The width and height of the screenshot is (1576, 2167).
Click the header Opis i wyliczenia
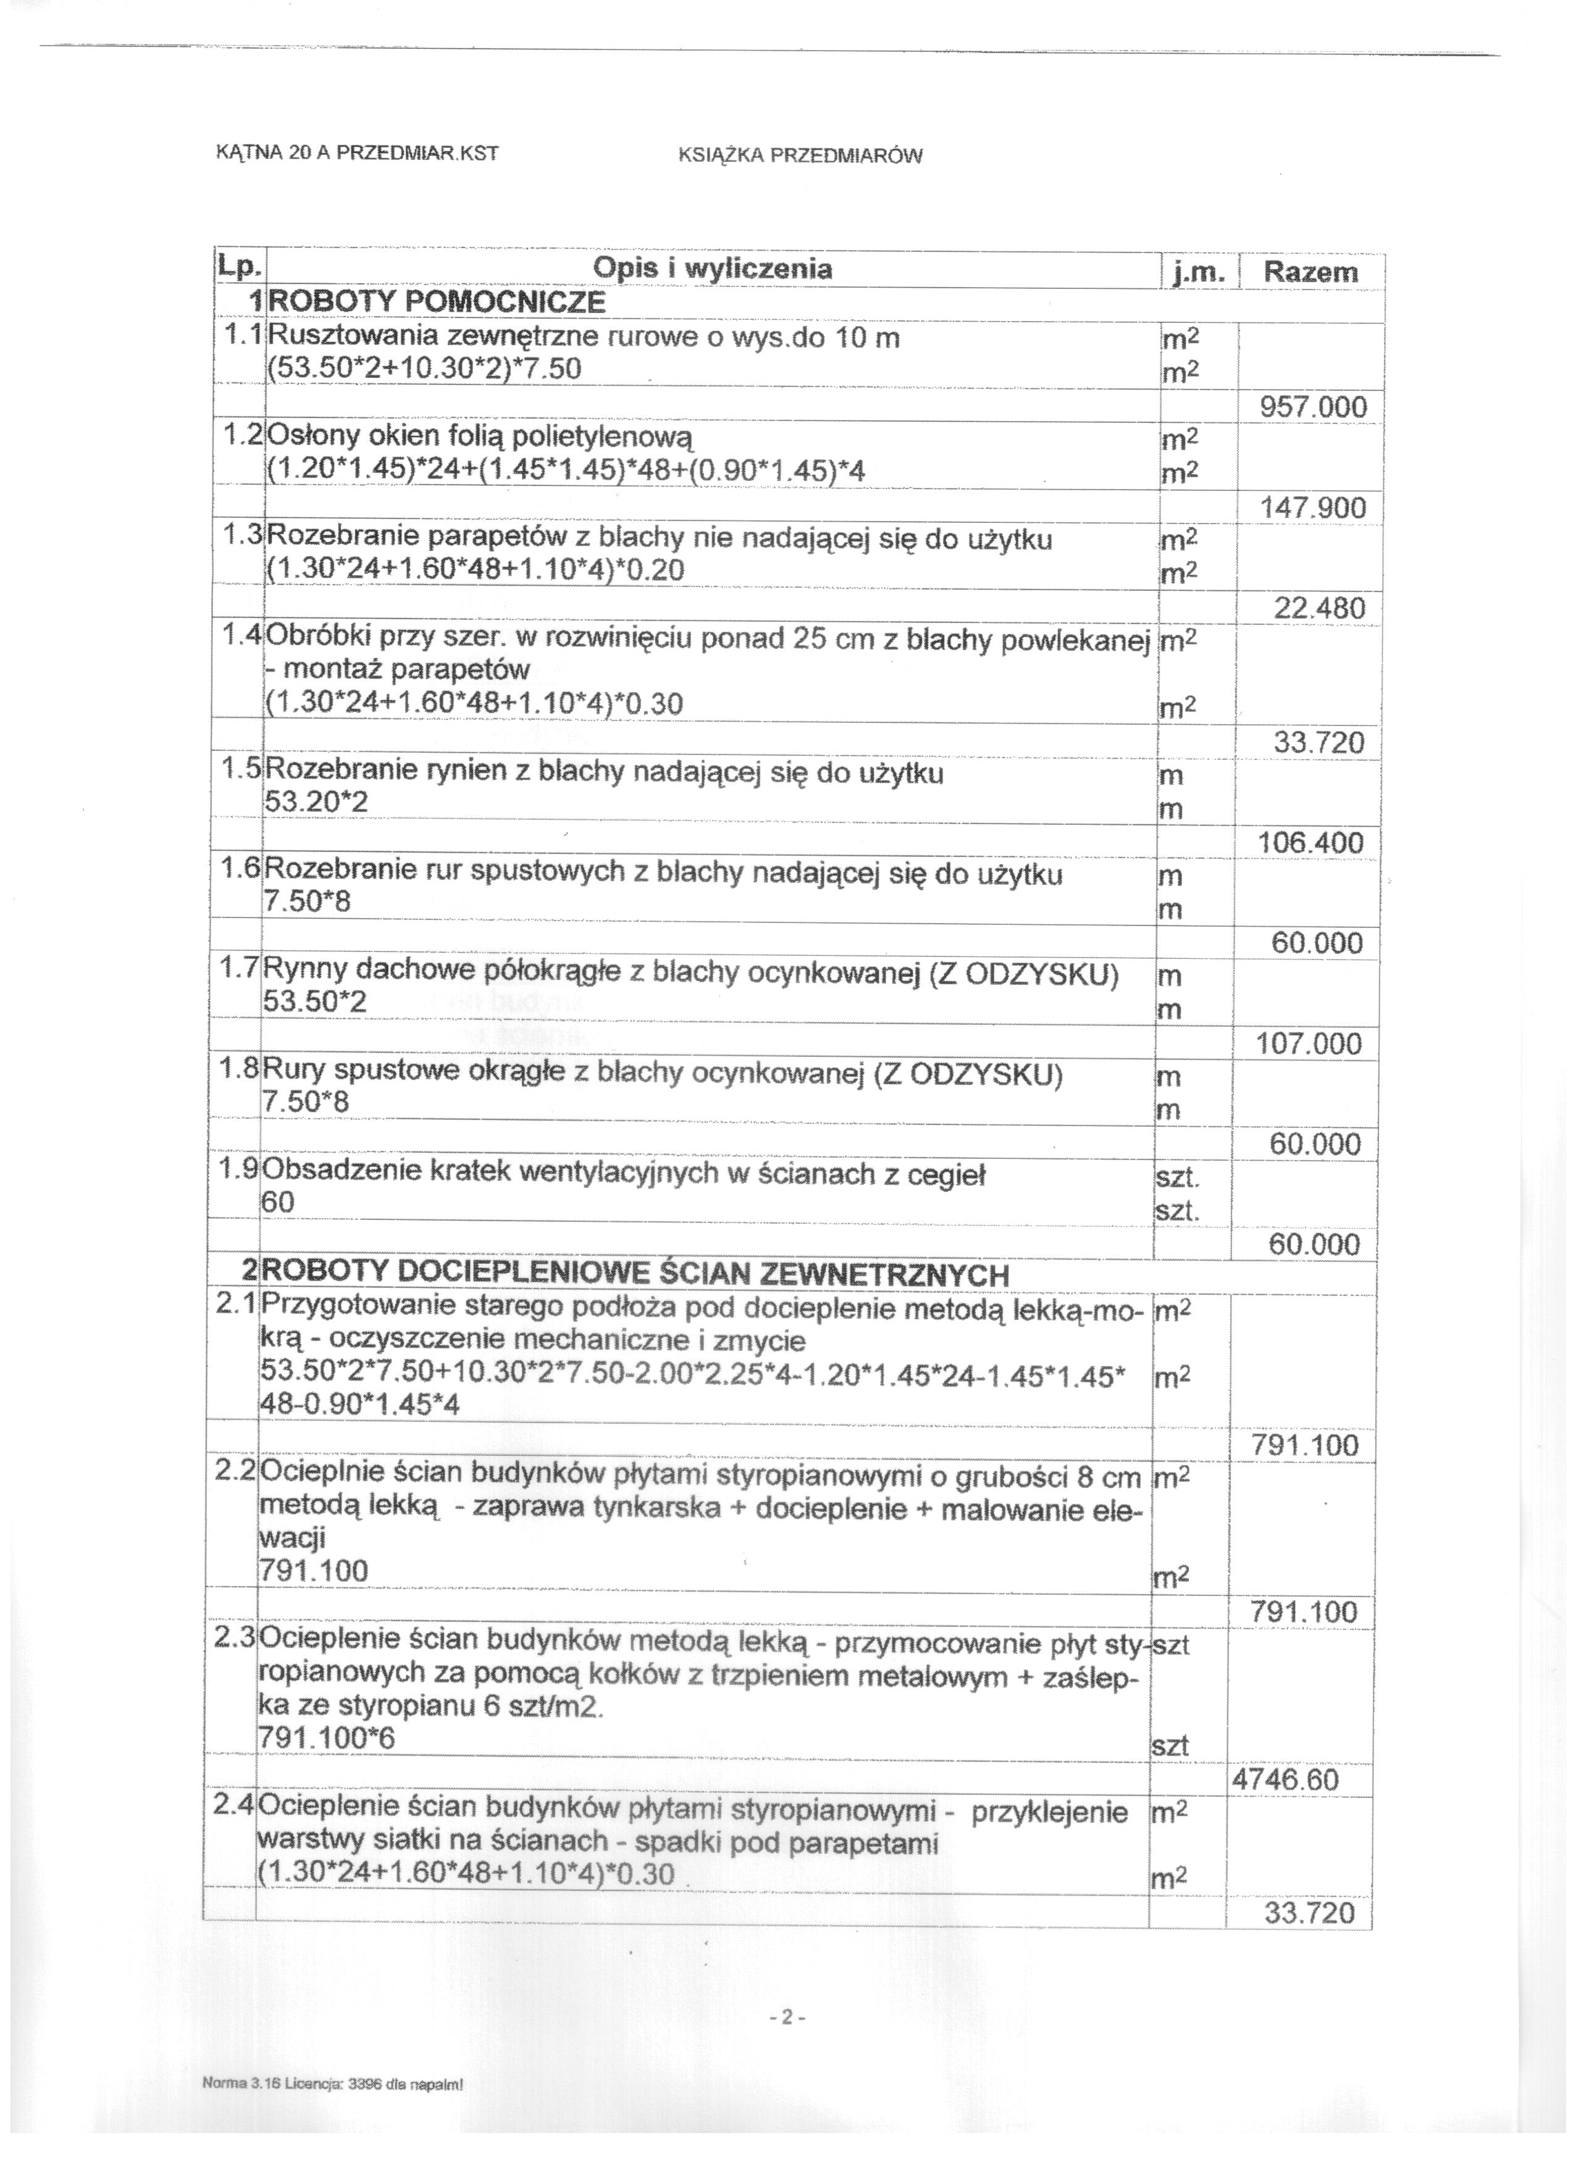pyautogui.click(x=712, y=269)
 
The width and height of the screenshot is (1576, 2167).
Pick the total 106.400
pyautogui.click(x=1310, y=843)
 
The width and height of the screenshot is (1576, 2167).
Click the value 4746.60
pyautogui.click(x=1286, y=1780)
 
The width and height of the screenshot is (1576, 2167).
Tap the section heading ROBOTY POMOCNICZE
pyautogui.click(x=438, y=303)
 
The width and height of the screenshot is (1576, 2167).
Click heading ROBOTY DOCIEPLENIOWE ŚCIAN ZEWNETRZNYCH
pyautogui.click(x=634, y=1275)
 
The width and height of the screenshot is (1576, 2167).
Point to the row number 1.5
pyautogui.click(x=239, y=770)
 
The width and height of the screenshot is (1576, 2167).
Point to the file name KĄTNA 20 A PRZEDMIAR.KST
pyautogui.click(x=358, y=153)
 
